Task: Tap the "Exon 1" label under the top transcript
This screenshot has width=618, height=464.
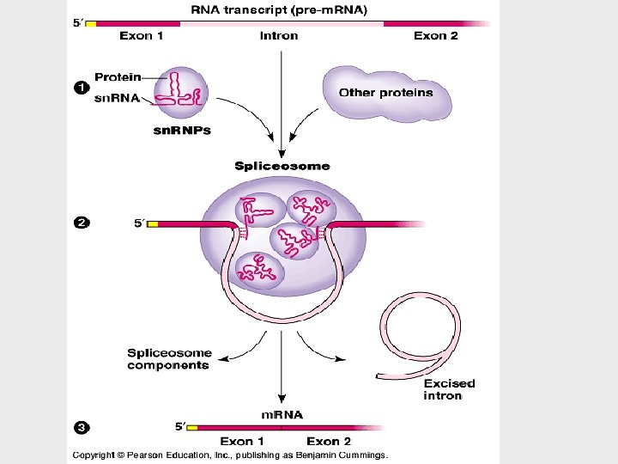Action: (x=141, y=36)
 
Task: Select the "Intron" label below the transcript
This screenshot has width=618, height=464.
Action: (x=279, y=36)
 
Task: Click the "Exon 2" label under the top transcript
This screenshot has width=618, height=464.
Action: (x=435, y=36)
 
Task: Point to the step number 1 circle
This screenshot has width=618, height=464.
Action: (x=80, y=87)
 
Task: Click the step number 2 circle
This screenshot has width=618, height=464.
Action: (x=80, y=223)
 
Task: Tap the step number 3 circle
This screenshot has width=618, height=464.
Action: (x=80, y=425)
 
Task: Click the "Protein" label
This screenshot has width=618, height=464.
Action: (x=118, y=77)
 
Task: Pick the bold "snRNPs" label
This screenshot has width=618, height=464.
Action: (x=182, y=131)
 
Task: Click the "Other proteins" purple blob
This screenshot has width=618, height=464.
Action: (x=386, y=93)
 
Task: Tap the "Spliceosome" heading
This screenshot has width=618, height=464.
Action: (x=282, y=166)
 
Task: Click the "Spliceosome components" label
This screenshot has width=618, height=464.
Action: (x=168, y=359)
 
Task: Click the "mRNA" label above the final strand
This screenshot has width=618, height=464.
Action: (x=282, y=414)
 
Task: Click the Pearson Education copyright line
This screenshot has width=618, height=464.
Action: (x=230, y=455)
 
